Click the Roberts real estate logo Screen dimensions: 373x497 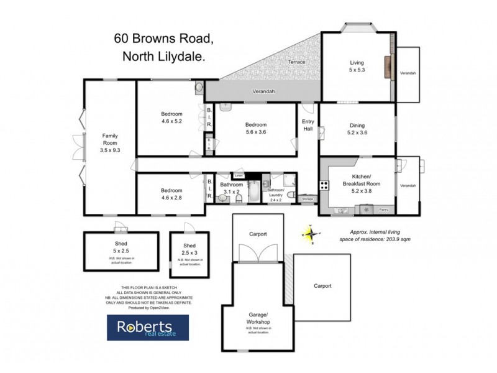click(x=147, y=327)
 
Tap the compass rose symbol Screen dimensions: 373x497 click(x=310, y=234)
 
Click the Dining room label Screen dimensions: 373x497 click(x=357, y=124)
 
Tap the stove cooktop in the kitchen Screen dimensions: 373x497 click(x=324, y=185)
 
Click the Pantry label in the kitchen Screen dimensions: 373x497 click(x=383, y=210)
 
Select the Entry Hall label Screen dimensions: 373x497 click(x=308, y=124)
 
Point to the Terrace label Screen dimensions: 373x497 click(x=296, y=62)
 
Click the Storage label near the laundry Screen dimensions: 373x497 click(x=308, y=199)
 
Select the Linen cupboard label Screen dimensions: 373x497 click(x=239, y=176)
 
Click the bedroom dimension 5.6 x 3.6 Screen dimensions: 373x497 click(x=255, y=132)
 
